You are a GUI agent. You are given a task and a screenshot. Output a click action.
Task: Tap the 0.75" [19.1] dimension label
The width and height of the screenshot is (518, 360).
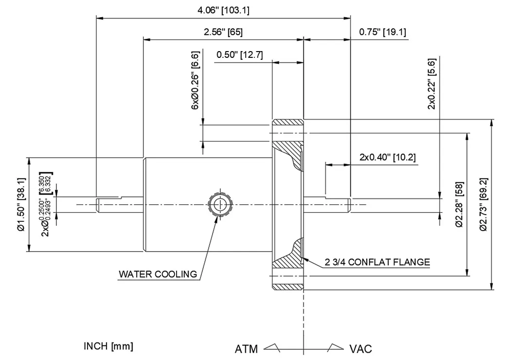pos(383,32)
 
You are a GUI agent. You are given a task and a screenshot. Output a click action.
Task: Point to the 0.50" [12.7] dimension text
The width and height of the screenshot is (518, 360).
pos(239,54)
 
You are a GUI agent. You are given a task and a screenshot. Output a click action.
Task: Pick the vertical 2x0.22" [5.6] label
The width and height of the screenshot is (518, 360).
pos(431,84)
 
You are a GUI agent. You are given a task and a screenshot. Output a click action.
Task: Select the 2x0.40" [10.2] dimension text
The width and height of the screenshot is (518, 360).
pos(387,157)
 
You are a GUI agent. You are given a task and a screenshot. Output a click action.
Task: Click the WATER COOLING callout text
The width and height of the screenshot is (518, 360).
pos(158,274)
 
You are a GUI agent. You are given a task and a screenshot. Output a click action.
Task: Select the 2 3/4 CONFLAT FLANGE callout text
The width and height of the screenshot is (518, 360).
pos(377,262)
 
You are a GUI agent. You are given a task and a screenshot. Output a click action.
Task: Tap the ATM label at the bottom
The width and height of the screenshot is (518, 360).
pos(247,349)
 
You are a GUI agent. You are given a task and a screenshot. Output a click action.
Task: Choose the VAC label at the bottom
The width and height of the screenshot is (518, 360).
pos(360,349)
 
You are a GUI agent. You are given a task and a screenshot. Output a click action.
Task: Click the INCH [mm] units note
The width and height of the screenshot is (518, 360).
pos(108,346)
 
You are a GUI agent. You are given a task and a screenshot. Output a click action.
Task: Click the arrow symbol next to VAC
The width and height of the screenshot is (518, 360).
pos(336,347)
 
